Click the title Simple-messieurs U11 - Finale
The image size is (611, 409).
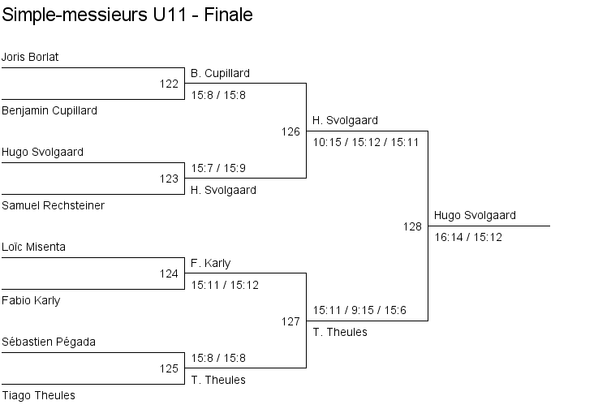(x=127, y=15)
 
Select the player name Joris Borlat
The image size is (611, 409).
(x=30, y=57)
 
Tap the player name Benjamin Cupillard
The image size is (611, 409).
(x=49, y=110)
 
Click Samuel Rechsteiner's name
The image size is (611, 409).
(x=53, y=205)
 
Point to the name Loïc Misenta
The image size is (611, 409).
(x=34, y=247)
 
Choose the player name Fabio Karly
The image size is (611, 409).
(x=31, y=300)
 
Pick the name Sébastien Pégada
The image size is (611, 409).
(x=49, y=342)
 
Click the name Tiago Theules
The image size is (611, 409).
(x=38, y=395)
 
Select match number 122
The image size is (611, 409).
(x=169, y=84)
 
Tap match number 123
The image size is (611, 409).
(x=169, y=179)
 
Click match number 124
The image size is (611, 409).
(x=169, y=273)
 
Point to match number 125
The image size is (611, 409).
(x=169, y=368)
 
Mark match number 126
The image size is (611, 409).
(x=290, y=131)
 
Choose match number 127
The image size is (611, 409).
(x=290, y=321)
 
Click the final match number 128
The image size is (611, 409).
(x=412, y=226)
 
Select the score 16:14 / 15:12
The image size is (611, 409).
(x=468, y=237)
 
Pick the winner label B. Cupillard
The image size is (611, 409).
(x=220, y=73)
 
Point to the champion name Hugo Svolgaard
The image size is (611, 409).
(x=475, y=215)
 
